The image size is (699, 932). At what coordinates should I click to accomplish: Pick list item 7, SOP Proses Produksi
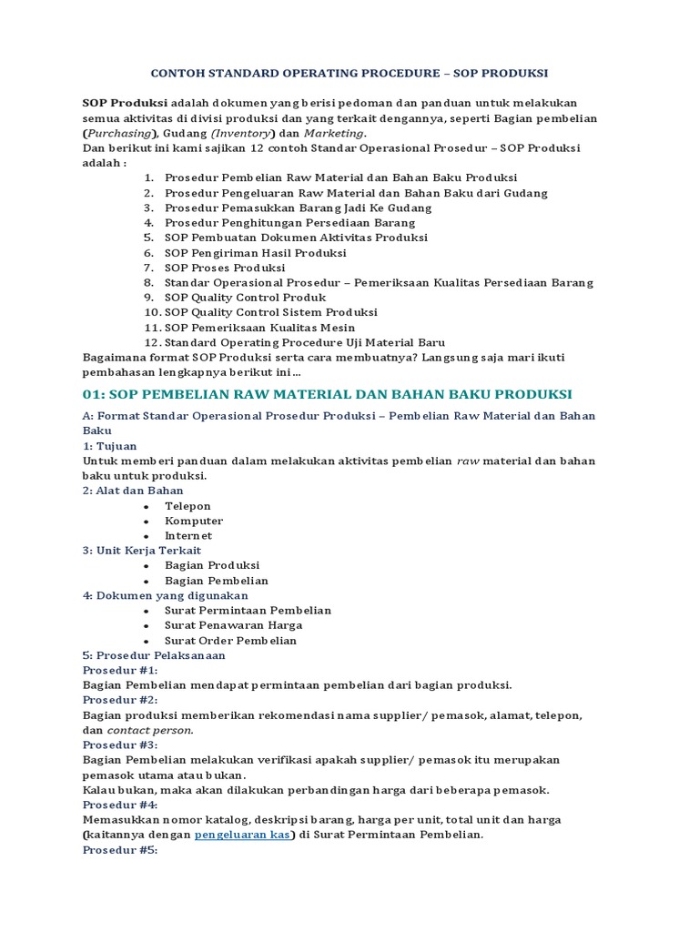coord(225,268)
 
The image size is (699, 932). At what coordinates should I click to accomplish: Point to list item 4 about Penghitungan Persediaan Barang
coord(289,223)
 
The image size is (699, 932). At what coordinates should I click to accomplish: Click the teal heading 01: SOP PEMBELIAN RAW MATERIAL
coord(327,394)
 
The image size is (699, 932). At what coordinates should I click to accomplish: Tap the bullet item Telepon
coord(187,506)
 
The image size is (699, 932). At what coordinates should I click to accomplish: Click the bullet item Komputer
coord(194,521)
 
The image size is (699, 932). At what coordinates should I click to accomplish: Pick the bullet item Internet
coord(188,536)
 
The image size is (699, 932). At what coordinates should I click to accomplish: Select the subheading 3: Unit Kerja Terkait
coord(142,551)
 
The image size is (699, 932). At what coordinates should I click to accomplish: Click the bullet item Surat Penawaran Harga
coord(233,625)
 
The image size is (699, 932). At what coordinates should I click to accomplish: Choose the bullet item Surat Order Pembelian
coord(230,641)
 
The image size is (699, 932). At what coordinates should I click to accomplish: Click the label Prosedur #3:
coord(120,745)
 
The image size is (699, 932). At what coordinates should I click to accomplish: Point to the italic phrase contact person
coord(150,730)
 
